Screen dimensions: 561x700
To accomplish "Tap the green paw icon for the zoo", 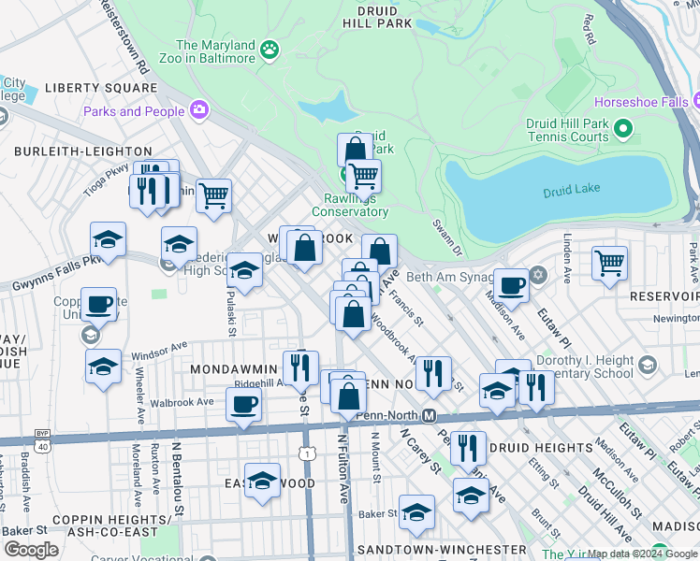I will pos(270,49).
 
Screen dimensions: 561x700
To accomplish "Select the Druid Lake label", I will pos(570,193).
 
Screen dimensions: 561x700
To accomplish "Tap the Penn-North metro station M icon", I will pos(430,415).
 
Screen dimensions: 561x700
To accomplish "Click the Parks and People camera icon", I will pos(198,111).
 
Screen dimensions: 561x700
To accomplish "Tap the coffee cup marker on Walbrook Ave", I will pos(243,406).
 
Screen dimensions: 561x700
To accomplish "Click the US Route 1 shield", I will pos(307,453).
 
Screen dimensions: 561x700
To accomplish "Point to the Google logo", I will pos(31,550).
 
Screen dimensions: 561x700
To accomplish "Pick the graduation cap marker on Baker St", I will pos(416,512).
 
